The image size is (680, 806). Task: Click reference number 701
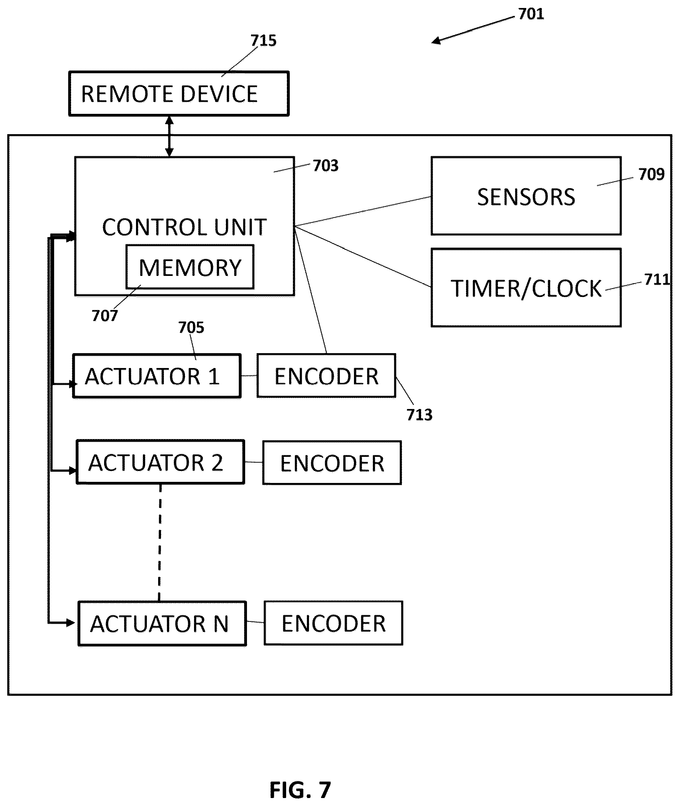[x=531, y=14]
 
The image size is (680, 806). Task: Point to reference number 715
[x=264, y=41]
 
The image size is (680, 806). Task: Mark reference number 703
[x=326, y=166]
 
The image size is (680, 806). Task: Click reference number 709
[x=651, y=174]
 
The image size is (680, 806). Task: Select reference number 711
[x=657, y=280]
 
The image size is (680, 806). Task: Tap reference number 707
[x=105, y=316]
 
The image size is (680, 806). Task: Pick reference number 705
[x=191, y=327]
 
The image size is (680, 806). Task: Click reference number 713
[x=419, y=415]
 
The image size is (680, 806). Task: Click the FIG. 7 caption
[x=300, y=790]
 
